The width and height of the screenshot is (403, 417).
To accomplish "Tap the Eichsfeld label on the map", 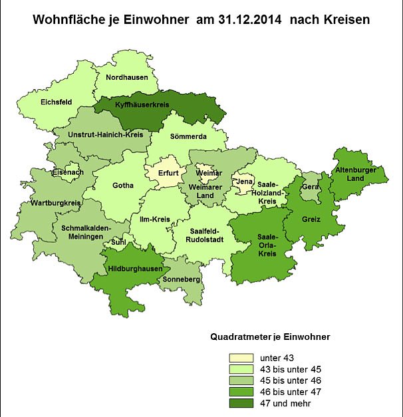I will click(57, 102).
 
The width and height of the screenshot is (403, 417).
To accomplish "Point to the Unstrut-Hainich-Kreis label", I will click(105, 134).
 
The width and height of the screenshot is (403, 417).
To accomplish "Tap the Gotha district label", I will click(123, 186).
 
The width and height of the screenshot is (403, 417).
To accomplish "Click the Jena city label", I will click(244, 181).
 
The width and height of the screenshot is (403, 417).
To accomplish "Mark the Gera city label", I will click(310, 187).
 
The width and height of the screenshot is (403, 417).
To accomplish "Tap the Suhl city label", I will click(118, 243).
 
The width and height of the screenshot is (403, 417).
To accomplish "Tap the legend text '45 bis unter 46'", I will click(290, 380).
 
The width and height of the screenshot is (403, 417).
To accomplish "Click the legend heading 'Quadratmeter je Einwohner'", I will click(270, 337).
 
